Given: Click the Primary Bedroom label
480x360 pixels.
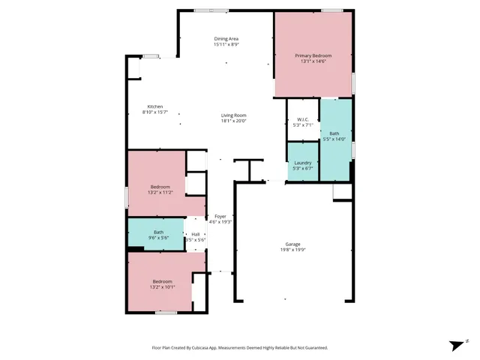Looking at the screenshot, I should [313, 55].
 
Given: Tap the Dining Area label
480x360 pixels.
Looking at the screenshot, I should [226, 38].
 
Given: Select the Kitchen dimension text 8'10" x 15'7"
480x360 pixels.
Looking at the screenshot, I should [155, 112].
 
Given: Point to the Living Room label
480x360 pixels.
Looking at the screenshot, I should [233, 115].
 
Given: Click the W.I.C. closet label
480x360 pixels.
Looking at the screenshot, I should [303, 119].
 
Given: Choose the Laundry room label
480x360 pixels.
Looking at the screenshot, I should [303, 163].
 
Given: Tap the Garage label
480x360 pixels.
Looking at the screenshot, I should [292, 244].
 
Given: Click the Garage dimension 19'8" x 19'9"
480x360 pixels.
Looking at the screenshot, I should [292, 250].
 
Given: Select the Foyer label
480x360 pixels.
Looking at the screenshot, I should [220, 216].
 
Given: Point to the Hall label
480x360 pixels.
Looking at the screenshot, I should [195, 234].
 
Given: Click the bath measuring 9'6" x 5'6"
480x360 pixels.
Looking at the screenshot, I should [159, 235].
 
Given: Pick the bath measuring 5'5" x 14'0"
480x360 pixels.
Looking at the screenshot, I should [334, 136].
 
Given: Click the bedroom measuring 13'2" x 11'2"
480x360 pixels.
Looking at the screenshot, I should [161, 189].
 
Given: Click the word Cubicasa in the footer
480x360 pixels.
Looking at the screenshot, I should [212, 347].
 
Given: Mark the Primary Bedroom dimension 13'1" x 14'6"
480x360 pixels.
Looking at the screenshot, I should [313, 61].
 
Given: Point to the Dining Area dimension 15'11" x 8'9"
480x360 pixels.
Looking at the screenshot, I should [226, 44].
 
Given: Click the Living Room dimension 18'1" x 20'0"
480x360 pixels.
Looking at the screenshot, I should [233, 121].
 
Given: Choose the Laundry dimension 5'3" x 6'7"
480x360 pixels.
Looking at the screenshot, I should [303, 169].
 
